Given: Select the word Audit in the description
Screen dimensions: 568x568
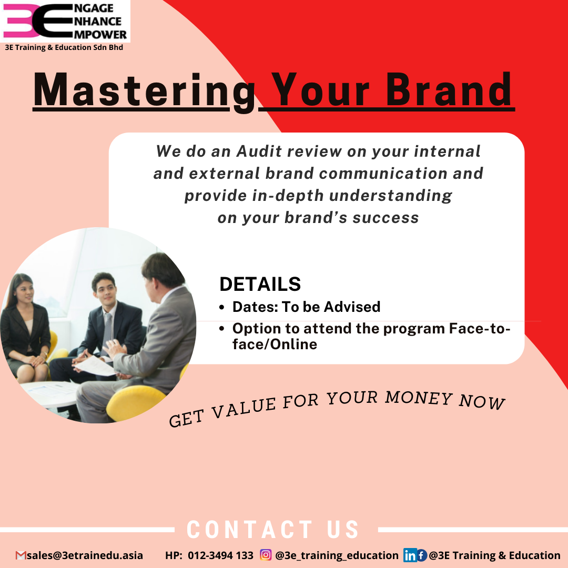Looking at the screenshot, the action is [259, 151].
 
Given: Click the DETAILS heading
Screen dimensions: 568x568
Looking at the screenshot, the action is [260, 284].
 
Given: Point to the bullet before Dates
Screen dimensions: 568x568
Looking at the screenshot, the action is [222, 308].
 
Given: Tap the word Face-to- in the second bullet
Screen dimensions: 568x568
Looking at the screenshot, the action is [480, 328].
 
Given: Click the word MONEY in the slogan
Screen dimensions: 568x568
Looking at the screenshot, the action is [419, 398].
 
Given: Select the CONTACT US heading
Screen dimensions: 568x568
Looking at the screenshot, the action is [273, 530].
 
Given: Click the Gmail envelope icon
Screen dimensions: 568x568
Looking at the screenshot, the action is [21, 555].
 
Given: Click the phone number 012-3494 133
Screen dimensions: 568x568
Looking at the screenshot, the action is [220, 555].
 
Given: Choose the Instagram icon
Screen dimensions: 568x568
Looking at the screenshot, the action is [266, 555].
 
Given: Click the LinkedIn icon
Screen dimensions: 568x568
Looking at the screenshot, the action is [410, 555].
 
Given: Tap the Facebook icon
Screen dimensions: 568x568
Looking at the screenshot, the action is [421, 555].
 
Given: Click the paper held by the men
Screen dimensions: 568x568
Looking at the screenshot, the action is [95, 366].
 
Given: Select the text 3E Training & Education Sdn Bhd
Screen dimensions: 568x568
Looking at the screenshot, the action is [64, 47].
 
